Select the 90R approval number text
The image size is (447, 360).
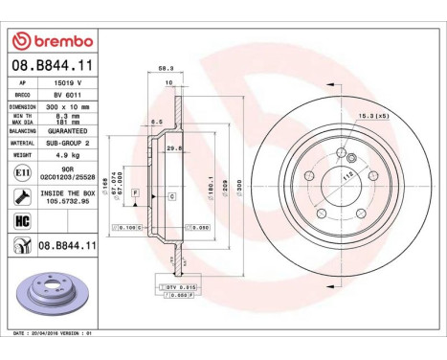tap(77, 167)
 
